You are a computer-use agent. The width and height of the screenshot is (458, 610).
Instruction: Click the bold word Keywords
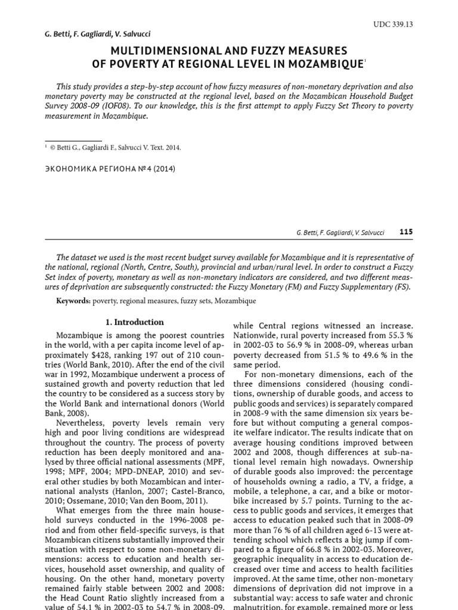[x=73, y=301]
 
